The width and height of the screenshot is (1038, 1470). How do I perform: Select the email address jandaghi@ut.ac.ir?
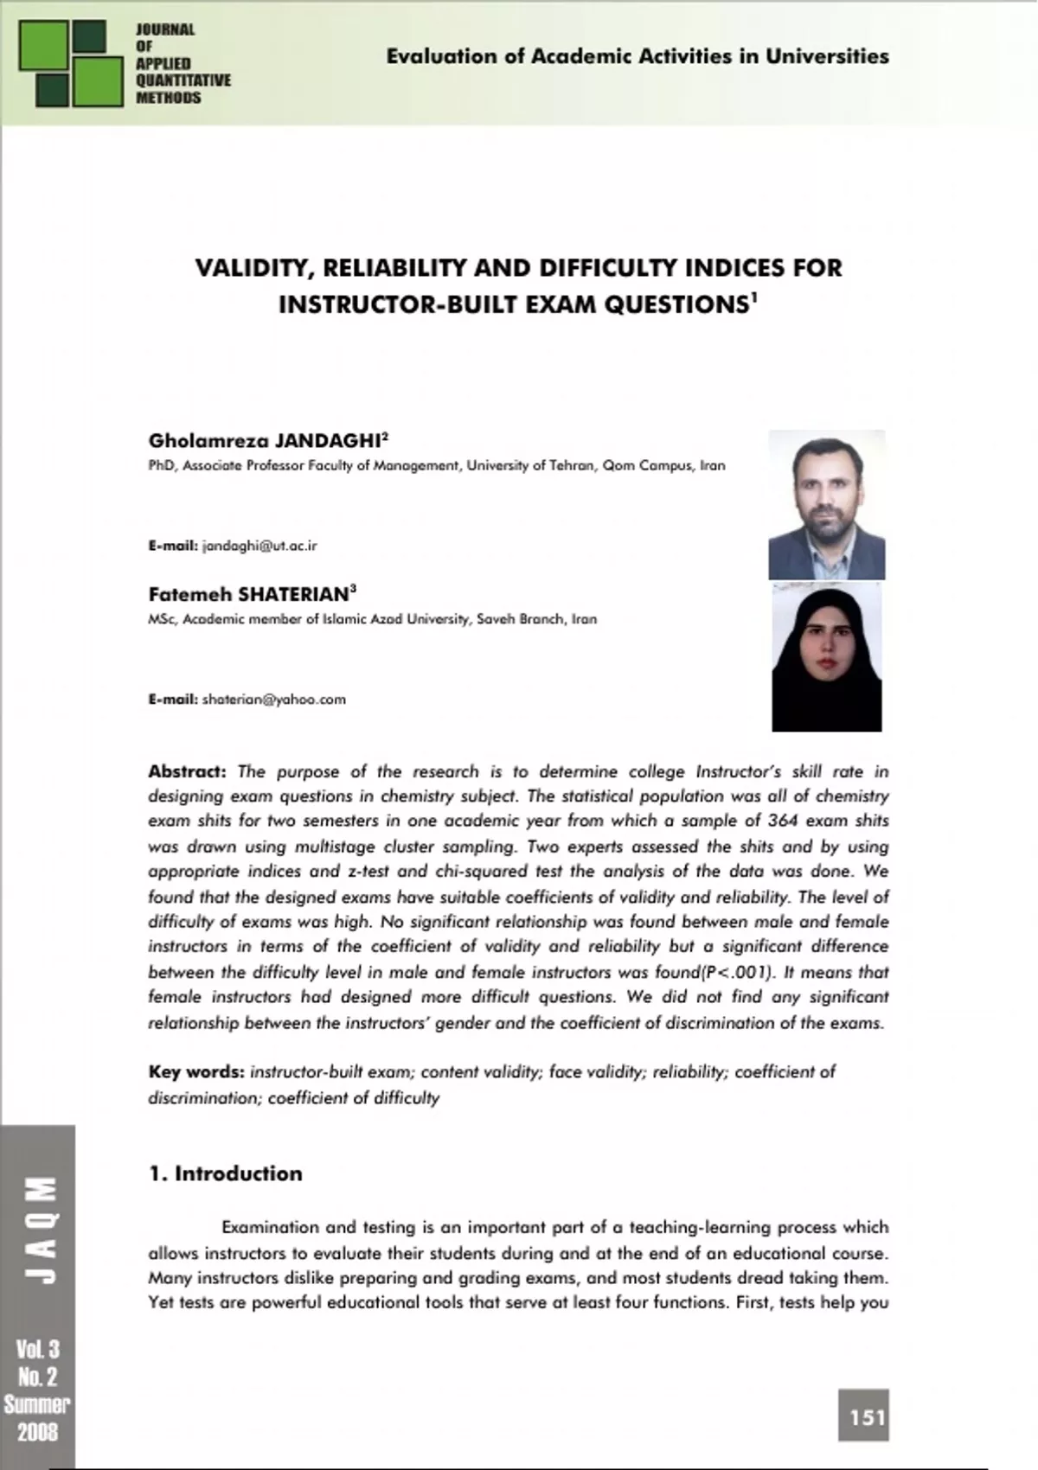tap(259, 546)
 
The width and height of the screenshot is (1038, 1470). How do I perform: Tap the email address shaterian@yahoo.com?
tap(273, 700)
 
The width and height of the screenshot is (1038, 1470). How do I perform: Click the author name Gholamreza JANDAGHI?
tap(265, 441)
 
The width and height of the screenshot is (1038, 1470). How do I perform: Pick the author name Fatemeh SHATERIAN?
tap(249, 595)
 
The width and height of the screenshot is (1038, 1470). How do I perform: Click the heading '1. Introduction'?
tap(226, 1173)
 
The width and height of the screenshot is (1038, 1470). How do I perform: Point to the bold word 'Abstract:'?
tap(187, 771)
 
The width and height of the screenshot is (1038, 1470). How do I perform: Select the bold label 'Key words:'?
tap(196, 1072)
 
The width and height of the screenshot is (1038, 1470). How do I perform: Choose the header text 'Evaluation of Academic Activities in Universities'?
tap(638, 57)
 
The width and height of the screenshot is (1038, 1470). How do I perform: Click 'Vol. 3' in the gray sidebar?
tap(37, 1349)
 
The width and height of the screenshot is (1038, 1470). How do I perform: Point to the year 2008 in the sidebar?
tap(37, 1431)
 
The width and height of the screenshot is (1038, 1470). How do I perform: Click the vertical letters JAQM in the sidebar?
tap(38, 1228)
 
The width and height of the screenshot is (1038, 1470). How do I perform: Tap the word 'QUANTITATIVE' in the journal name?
tap(183, 80)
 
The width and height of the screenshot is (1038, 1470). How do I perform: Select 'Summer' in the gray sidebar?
tap(37, 1404)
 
